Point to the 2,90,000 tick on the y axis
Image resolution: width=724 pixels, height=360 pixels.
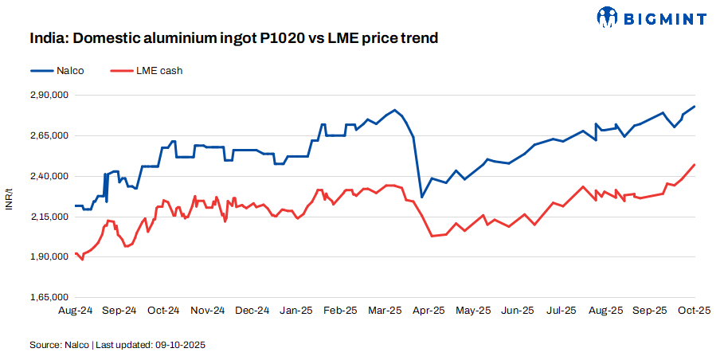pyautogui.click(x=51, y=96)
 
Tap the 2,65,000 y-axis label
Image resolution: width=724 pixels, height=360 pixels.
pyautogui.click(x=51, y=136)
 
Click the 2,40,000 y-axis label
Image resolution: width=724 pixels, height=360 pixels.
pyautogui.click(x=51, y=176)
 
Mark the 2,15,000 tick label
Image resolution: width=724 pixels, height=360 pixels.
pyautogui.click(x=51, y=217)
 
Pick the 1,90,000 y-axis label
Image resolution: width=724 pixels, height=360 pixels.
pyautogui.click(x=51, y=257)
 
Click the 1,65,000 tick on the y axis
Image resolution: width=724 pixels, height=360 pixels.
pyautogui.click(x=51, y=298)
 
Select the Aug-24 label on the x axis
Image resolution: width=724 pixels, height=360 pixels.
pyautogui.click(x=75, y=311)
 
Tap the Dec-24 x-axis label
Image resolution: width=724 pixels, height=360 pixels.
pyautogui.click(x=252, y=311)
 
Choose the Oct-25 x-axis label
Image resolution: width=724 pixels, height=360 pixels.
pyautogui.click(x=693, y=311)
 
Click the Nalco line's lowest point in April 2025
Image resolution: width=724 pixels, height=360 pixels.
pyautogui.click(x=421, y=197)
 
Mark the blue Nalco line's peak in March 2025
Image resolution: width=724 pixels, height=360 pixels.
pyautogui.click(x=394, y=110)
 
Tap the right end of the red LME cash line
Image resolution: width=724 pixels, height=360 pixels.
pyautogui.click(x=695, y=165)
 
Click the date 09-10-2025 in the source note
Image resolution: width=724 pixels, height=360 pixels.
pyautogui.click(x=182, y=345)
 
